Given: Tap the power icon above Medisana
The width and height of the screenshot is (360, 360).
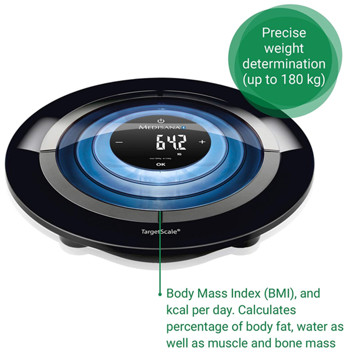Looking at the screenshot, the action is click(x=160, y=119).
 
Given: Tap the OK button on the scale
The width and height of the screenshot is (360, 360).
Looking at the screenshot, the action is click(x=160, y=165).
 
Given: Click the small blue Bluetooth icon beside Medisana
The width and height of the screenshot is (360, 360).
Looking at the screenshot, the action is click(x=184, y=128).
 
